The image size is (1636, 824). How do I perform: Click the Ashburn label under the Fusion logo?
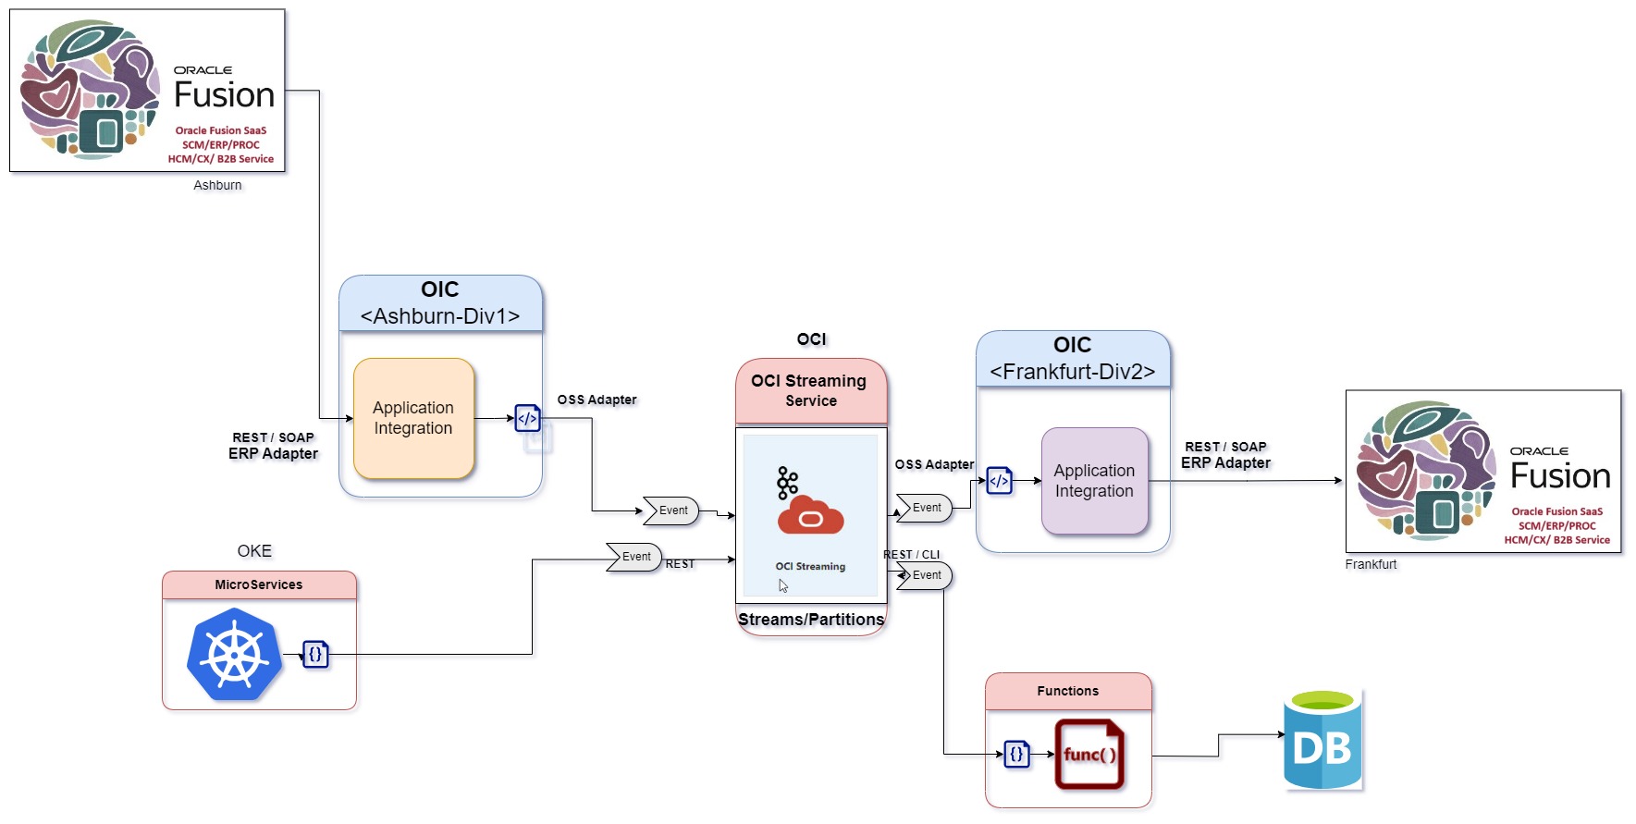click(x=217, y=185)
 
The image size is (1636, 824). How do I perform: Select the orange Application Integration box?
click(x=413, y=418)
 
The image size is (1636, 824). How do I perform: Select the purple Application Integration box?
click(x=1094, y=481)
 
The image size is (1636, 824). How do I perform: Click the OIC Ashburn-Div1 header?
click(x=440, y=302)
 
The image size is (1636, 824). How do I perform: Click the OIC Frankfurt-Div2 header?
click(x=1073, y=358)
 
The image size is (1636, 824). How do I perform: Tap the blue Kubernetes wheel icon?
click(x=234, y=654)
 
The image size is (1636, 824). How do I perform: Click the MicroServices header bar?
click(x=259, y=584)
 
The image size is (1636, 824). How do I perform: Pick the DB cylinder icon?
click(x=1322, y=740)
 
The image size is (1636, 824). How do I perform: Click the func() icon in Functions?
click(x=1089, y=755)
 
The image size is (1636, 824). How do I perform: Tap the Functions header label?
click(x=1068, y=691)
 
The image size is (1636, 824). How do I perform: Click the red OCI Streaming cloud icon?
click(x=810, y=515)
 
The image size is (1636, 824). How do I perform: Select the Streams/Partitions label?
click(x=811, y=620)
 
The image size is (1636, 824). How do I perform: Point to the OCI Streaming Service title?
click(x=810, y=390)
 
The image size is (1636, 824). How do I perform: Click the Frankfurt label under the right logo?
click(x=1371, y=564)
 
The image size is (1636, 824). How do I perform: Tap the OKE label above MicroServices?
click(x=254, y=551)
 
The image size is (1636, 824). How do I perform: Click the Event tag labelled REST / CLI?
click(x=925, y=575)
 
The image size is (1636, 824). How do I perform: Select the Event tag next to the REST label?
click(x=634, y=557)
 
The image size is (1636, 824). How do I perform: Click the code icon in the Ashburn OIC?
click(x=527, y=418)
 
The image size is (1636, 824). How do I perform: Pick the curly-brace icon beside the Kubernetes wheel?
click(x=315, y=654)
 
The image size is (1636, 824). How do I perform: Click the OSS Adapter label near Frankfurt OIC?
click(x=934, y=464)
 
